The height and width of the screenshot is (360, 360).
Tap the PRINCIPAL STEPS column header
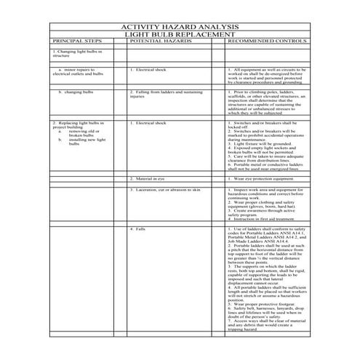81,41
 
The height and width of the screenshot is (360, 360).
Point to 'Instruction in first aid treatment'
259,218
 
